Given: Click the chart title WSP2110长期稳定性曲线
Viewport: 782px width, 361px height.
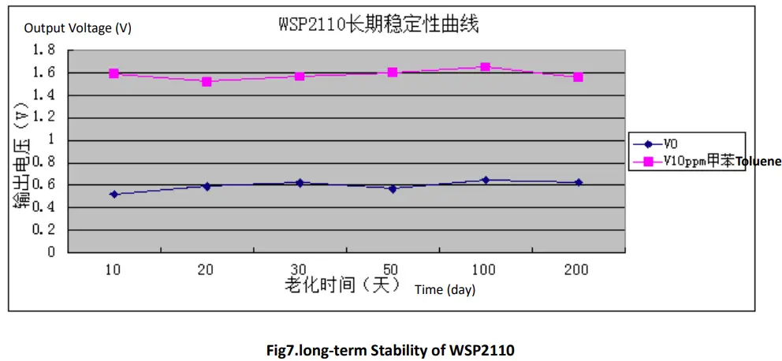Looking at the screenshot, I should coord(378,24).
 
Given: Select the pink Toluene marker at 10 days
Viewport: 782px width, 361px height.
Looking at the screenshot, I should coord(114,73).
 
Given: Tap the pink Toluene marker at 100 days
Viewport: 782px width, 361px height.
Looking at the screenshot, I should coord(486,67).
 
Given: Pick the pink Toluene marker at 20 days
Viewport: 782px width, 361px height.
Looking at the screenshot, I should coord(207,81).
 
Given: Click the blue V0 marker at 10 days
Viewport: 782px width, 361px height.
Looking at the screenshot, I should coord(114,194).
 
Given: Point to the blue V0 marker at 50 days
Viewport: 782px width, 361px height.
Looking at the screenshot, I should coord(393,189).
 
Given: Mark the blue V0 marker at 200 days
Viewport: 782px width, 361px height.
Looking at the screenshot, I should coord(579,182).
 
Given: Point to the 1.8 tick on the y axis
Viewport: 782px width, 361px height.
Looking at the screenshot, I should coord(44,50).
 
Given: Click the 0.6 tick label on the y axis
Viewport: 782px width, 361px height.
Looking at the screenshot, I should coord(44,185).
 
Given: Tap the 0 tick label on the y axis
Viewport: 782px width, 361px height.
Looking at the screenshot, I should coord(50,252).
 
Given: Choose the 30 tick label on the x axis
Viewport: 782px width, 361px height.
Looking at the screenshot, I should coord(300,270).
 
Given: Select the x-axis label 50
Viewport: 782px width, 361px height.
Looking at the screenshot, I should coord(393,270).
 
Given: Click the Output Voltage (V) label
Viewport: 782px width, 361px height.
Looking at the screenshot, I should coord(78,28).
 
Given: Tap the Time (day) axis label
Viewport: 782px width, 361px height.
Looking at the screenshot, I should coord(445,290).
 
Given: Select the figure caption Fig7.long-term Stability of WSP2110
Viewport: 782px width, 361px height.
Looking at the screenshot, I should coord(391,348).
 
